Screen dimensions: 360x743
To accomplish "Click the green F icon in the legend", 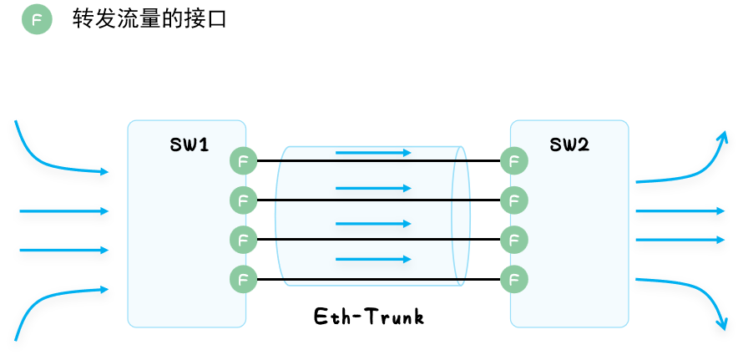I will [x=36, y=21].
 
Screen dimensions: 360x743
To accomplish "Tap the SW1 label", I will [x=189, y=145].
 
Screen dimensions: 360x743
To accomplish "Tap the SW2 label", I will [x=570, y=145].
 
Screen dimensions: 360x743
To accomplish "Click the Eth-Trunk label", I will [x=369, y=317].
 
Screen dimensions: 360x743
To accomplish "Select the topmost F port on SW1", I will [x=242, y=160].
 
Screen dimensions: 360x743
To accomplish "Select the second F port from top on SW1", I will [x=242, y=200].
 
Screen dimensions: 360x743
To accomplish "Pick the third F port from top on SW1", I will [x=242, y=240].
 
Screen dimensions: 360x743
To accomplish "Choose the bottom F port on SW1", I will [x=242, y=279].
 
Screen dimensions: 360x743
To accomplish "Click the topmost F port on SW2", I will [x=514, y=160].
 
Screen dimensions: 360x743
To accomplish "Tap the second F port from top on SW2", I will [x=514, y=200].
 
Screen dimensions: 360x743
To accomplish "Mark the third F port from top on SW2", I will [x=514, y=240].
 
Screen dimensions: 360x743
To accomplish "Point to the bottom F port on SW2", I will [x=514, y=279].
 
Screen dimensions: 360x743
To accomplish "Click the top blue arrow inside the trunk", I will [x=373, y=153].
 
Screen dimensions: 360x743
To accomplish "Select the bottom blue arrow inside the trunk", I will [x=373, y=260].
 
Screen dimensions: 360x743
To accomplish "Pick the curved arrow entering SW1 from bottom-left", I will [x=50, y=301].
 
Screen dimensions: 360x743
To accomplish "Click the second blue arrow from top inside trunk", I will [x=373, y=188].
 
